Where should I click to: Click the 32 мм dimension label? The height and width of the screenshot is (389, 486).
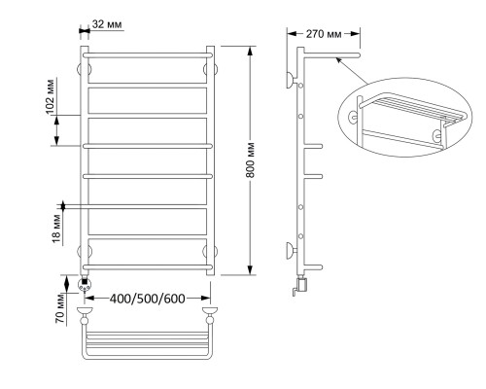(107, 24)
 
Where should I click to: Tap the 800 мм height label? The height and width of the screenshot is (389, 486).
(250, 160)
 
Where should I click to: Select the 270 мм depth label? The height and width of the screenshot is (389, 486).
(324, 34)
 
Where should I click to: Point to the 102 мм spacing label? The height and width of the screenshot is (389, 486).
(51, 96)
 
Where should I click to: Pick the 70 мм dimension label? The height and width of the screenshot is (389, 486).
(60, 308)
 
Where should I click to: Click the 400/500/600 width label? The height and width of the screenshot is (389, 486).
(148, 299)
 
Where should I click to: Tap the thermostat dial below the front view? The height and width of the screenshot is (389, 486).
(85, 285)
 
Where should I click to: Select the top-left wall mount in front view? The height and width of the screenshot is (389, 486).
(84, 69)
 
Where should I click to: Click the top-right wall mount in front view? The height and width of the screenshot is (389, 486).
(211, 69)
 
